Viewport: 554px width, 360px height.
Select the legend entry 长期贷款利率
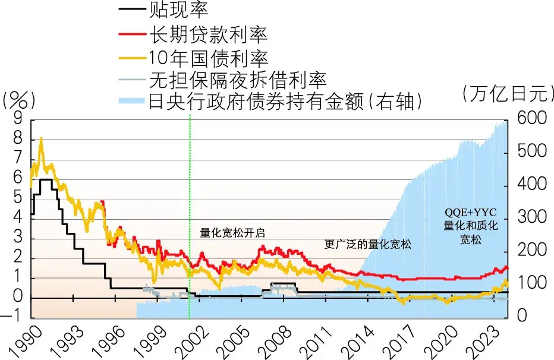(208, 33)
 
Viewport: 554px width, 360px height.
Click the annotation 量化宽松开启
(232, 233)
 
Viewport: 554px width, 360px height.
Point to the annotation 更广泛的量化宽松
(368, 244)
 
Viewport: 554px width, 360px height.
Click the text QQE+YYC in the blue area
(470, 212)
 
